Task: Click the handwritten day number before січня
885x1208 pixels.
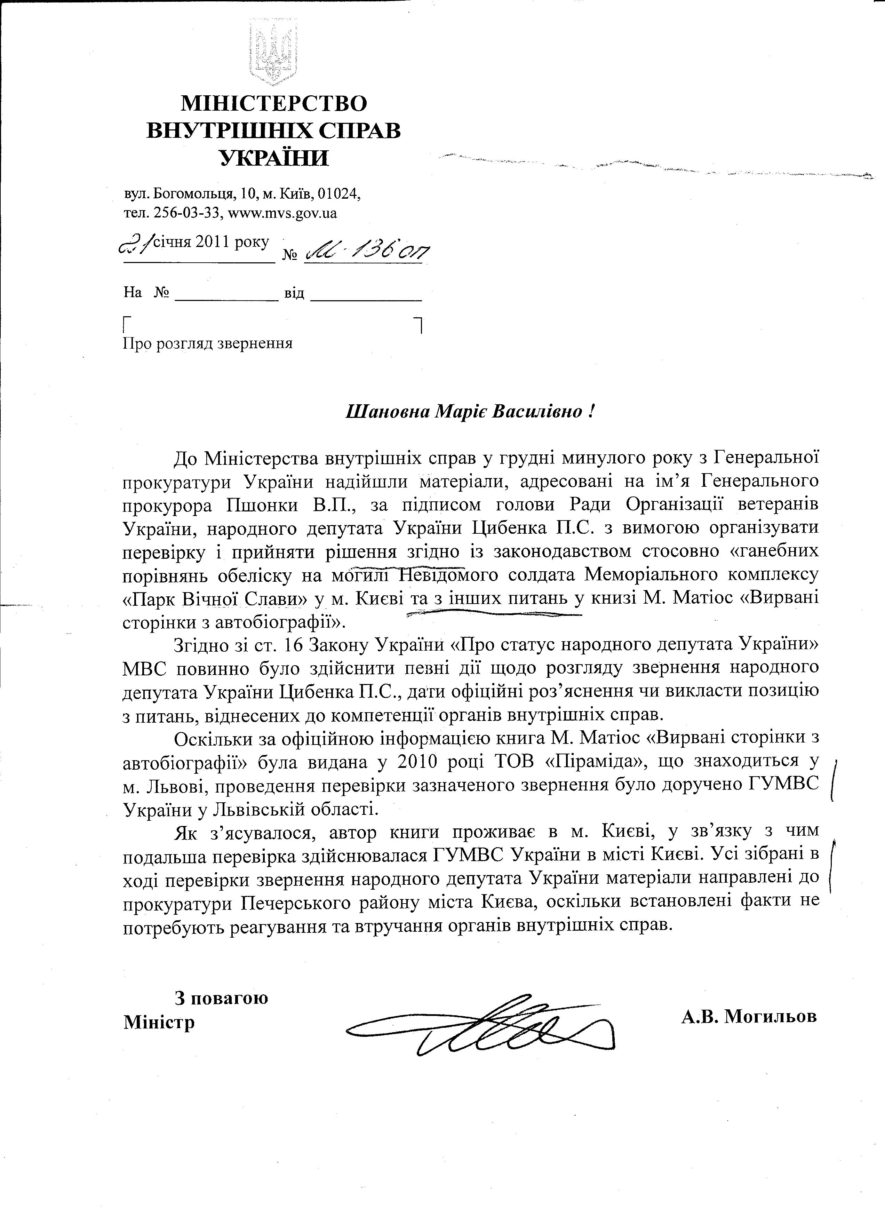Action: (x=136, y=245)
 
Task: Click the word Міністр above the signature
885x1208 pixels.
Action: (x=159, y=1022)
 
